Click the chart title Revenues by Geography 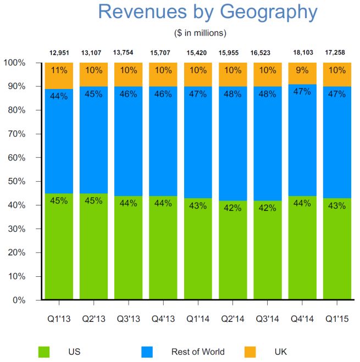[207, 12]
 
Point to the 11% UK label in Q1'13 [59, 70]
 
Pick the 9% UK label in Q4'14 [303, 70]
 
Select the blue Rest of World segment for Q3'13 [129, 143]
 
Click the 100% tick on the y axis [15, 63]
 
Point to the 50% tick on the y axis [16, 182]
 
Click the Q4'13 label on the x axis [163, 319]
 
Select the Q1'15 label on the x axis [337, 319]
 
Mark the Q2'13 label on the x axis [93, 319]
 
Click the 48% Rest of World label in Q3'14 [268, 94]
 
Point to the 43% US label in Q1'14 [198, 206]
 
